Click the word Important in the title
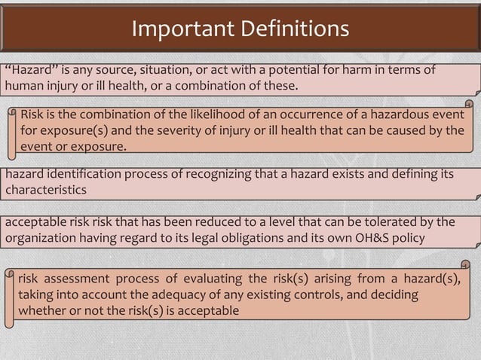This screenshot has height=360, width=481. point(176,29)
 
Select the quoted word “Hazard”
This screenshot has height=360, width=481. point(29,70)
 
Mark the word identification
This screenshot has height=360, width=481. point(83,174)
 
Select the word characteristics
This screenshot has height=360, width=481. point(45,189)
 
